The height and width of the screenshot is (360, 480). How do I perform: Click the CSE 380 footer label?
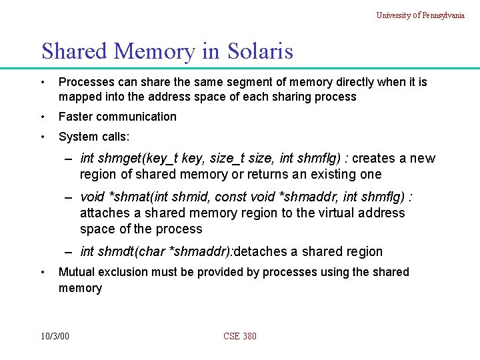tap(240, 336)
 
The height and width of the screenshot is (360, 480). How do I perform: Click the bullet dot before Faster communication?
tap(43, 117)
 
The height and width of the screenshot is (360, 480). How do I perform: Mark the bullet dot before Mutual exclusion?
tap(43, 272)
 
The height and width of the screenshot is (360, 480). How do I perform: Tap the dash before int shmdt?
tap(69, 251)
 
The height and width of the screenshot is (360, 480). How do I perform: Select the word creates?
tap(374, 158)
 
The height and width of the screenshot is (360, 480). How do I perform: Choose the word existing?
tap(336, 175)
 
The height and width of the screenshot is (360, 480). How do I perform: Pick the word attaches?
tap(105, 213)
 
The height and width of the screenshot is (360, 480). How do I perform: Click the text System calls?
tap(94, 137)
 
